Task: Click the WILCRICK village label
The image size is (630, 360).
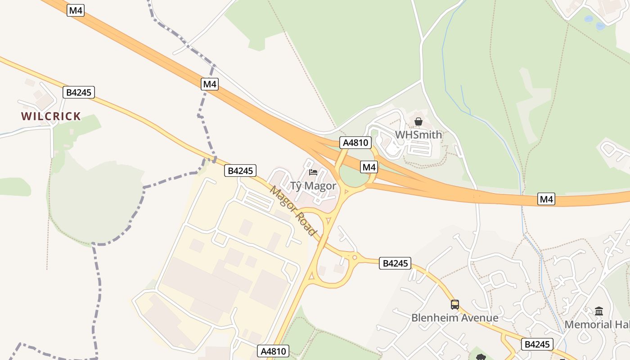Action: [x=51, y=116]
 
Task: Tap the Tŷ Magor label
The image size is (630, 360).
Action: [x=313, y=186]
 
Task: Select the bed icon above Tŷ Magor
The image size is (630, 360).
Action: [x=313, y=172]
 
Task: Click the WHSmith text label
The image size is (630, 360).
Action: [x=418, y=135]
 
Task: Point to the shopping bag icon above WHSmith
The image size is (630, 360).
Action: [x=418, y=121]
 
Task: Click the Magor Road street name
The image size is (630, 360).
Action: [x=293, y=210]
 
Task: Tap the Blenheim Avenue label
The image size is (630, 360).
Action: [x=454, y=318]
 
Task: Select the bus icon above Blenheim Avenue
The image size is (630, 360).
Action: [x=455, y=305]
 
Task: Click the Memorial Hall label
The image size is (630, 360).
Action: [x=597, y=324]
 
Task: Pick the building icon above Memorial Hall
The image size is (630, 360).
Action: [x=599, y=311]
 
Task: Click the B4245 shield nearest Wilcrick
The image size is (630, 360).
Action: [x=79, y=93]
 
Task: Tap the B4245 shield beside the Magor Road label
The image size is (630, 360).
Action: [x=240, y=171]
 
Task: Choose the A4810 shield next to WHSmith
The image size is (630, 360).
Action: [x=355, y=143]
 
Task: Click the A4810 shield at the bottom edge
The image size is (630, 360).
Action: [x=273, y=351]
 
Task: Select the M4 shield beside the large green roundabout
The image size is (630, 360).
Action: [x=369, y=167]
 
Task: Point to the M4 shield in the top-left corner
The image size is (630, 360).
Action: [x=76, y=10]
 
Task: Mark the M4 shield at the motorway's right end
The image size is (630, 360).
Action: [x=546, y=199]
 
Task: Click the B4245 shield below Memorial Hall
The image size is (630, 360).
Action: [x=537, y=344]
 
